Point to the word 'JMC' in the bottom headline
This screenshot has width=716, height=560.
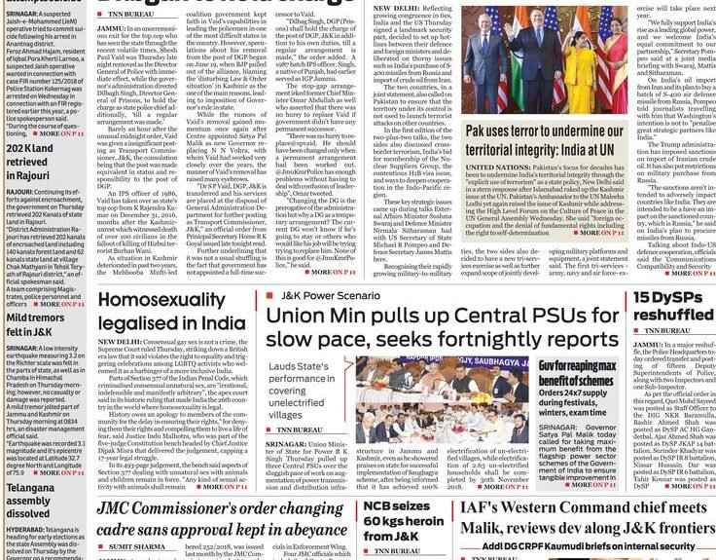[x=121, y=506]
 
